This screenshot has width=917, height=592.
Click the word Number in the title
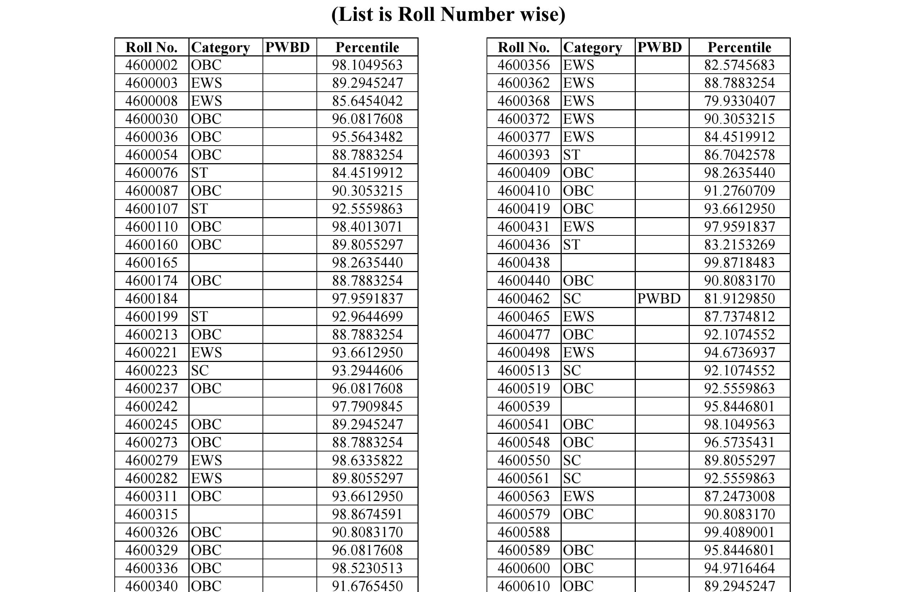tap(477, 15)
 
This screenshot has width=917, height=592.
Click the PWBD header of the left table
tap(287, 47)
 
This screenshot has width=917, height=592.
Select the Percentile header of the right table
tap(739, 47)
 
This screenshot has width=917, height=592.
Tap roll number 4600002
tap(151, 65)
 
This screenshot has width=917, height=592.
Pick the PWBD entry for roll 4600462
tap(659, 299)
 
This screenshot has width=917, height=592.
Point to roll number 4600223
tap(151, 371)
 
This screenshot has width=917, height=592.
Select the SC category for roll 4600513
tap(572, 371)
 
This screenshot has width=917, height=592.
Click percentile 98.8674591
tap(367, 514)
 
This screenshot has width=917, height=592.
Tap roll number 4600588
tap(523, 532)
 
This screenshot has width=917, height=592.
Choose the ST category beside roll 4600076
tap(199, 173)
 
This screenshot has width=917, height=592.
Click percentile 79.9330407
tap(739, 101)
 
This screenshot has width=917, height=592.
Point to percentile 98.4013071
tap(367, 227)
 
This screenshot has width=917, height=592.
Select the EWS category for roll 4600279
tap(206, 460)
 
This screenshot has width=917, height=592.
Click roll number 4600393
tap(523, 155)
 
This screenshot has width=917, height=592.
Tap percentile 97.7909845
tap(367, 406)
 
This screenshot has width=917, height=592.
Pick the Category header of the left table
tap(220, 47)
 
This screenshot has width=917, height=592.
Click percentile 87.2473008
tap(739, 496)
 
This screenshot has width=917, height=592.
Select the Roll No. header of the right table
tap(523, 47)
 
